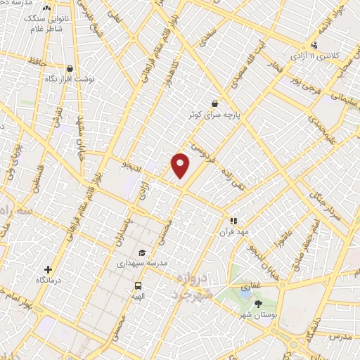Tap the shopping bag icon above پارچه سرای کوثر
[x=214, y=103]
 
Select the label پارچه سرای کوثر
[x=214, y=113]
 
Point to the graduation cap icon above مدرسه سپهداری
[x=142, y=252]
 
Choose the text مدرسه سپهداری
[x=142, y=263]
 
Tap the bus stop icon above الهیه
[x=138, y=286]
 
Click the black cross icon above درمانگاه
[x=48, y=269]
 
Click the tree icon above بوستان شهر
[x=259, y=303]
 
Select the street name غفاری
[x=252, y=288]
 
